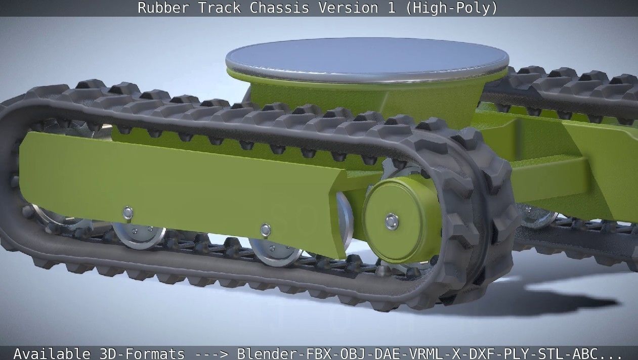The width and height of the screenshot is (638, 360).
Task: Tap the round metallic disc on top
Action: point(366,57)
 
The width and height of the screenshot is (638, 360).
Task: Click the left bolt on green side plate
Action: point(128,212)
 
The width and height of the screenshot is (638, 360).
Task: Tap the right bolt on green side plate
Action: point(265,230)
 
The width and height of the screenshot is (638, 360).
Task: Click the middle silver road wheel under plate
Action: point(276,253)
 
